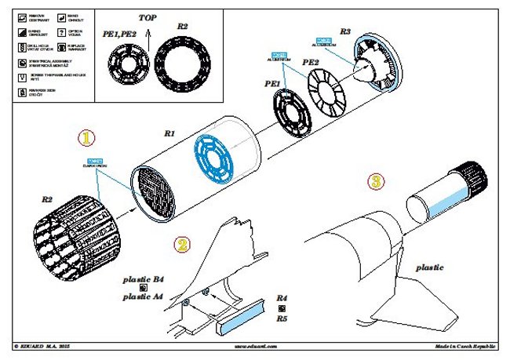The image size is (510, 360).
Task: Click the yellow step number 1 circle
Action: tap(87, 137)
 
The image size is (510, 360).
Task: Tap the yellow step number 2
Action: tap(182, 244)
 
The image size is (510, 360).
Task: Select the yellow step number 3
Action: tap(377, 182)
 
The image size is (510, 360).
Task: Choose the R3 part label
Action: tap(345, 31)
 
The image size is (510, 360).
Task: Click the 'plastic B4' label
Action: tap(144, 278)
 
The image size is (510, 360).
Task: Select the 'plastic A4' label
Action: tap(144, 296)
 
